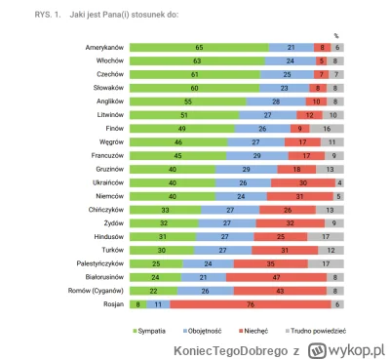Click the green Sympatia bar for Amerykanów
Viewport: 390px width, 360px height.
click(x=199, y=47)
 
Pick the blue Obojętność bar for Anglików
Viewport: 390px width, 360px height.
click(x=277, y=100)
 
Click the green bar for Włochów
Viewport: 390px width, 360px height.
click(x=198, y=60)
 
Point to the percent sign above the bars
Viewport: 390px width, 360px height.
click(x=336, y=35)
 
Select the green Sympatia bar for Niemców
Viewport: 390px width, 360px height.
click(x=178, y=195)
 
